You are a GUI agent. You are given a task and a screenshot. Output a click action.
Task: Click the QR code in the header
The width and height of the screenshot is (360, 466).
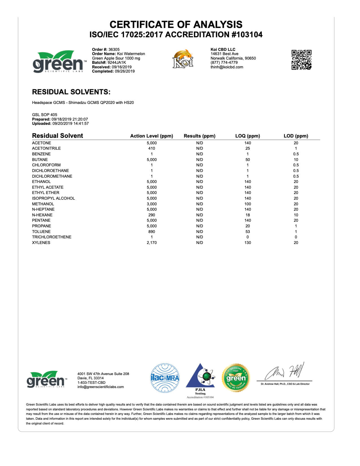coord(301,60)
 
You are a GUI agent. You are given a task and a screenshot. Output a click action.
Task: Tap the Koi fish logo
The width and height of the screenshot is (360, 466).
coord(183,59)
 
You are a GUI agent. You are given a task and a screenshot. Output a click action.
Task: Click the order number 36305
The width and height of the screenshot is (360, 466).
coord(114,49)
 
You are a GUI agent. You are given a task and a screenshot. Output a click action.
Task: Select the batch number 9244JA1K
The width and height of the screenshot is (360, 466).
coord(117,62)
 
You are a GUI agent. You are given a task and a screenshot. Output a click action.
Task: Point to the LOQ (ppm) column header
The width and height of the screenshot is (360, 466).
coord(247,136)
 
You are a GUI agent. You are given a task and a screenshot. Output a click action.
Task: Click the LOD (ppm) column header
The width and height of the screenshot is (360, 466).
coord(296,136)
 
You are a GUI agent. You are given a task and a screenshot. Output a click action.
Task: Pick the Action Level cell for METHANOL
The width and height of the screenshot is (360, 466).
coord(152,204)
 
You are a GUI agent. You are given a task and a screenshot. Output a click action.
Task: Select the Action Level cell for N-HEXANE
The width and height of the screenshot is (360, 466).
coord(152,215)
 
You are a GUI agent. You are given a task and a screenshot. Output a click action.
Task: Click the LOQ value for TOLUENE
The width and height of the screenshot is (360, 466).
coord(248,232)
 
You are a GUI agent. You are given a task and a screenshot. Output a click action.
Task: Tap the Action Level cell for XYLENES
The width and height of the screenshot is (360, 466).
coord(152,243)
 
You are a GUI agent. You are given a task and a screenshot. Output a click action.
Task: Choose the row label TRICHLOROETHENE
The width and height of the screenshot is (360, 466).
coord(52,237)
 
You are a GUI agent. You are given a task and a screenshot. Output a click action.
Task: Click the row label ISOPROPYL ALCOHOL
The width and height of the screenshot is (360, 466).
coord(53,198)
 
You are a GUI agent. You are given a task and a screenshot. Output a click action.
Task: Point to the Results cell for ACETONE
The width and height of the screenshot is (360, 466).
coord(199,143)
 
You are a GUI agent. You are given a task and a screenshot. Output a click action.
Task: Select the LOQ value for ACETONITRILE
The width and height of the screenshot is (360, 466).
coord(248,148)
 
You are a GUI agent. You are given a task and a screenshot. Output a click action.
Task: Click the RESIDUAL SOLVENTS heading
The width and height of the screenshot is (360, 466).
coord(71,92)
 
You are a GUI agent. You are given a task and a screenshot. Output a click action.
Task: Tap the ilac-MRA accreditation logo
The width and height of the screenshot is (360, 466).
coord(165,378)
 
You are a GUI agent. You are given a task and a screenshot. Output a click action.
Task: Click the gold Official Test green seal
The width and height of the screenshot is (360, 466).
coord(236,378)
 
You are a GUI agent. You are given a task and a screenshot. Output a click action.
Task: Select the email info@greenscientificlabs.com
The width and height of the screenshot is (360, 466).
coord(101,387)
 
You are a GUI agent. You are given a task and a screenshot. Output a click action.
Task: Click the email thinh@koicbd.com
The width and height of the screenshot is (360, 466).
coord(227,67)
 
